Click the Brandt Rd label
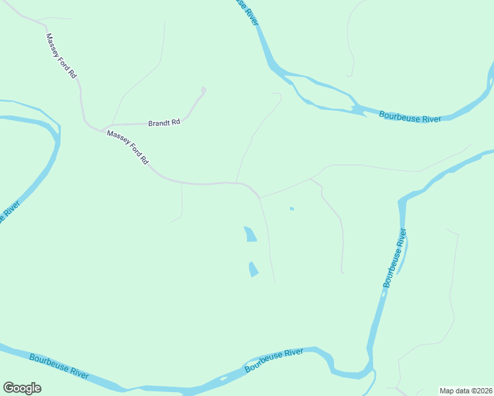click(164, 123)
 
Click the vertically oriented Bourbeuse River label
click(396, 257)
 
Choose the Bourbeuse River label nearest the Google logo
click(59, 365)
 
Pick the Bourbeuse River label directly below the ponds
click(274, 360)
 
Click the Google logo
click(22, 388)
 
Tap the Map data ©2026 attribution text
click(466, 391)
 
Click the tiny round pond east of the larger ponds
click(291, 209)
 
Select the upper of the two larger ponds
click(250, 234)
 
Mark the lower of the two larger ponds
click(253, 269)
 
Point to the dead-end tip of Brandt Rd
click(203, 89)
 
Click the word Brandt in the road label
click(159, 123)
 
